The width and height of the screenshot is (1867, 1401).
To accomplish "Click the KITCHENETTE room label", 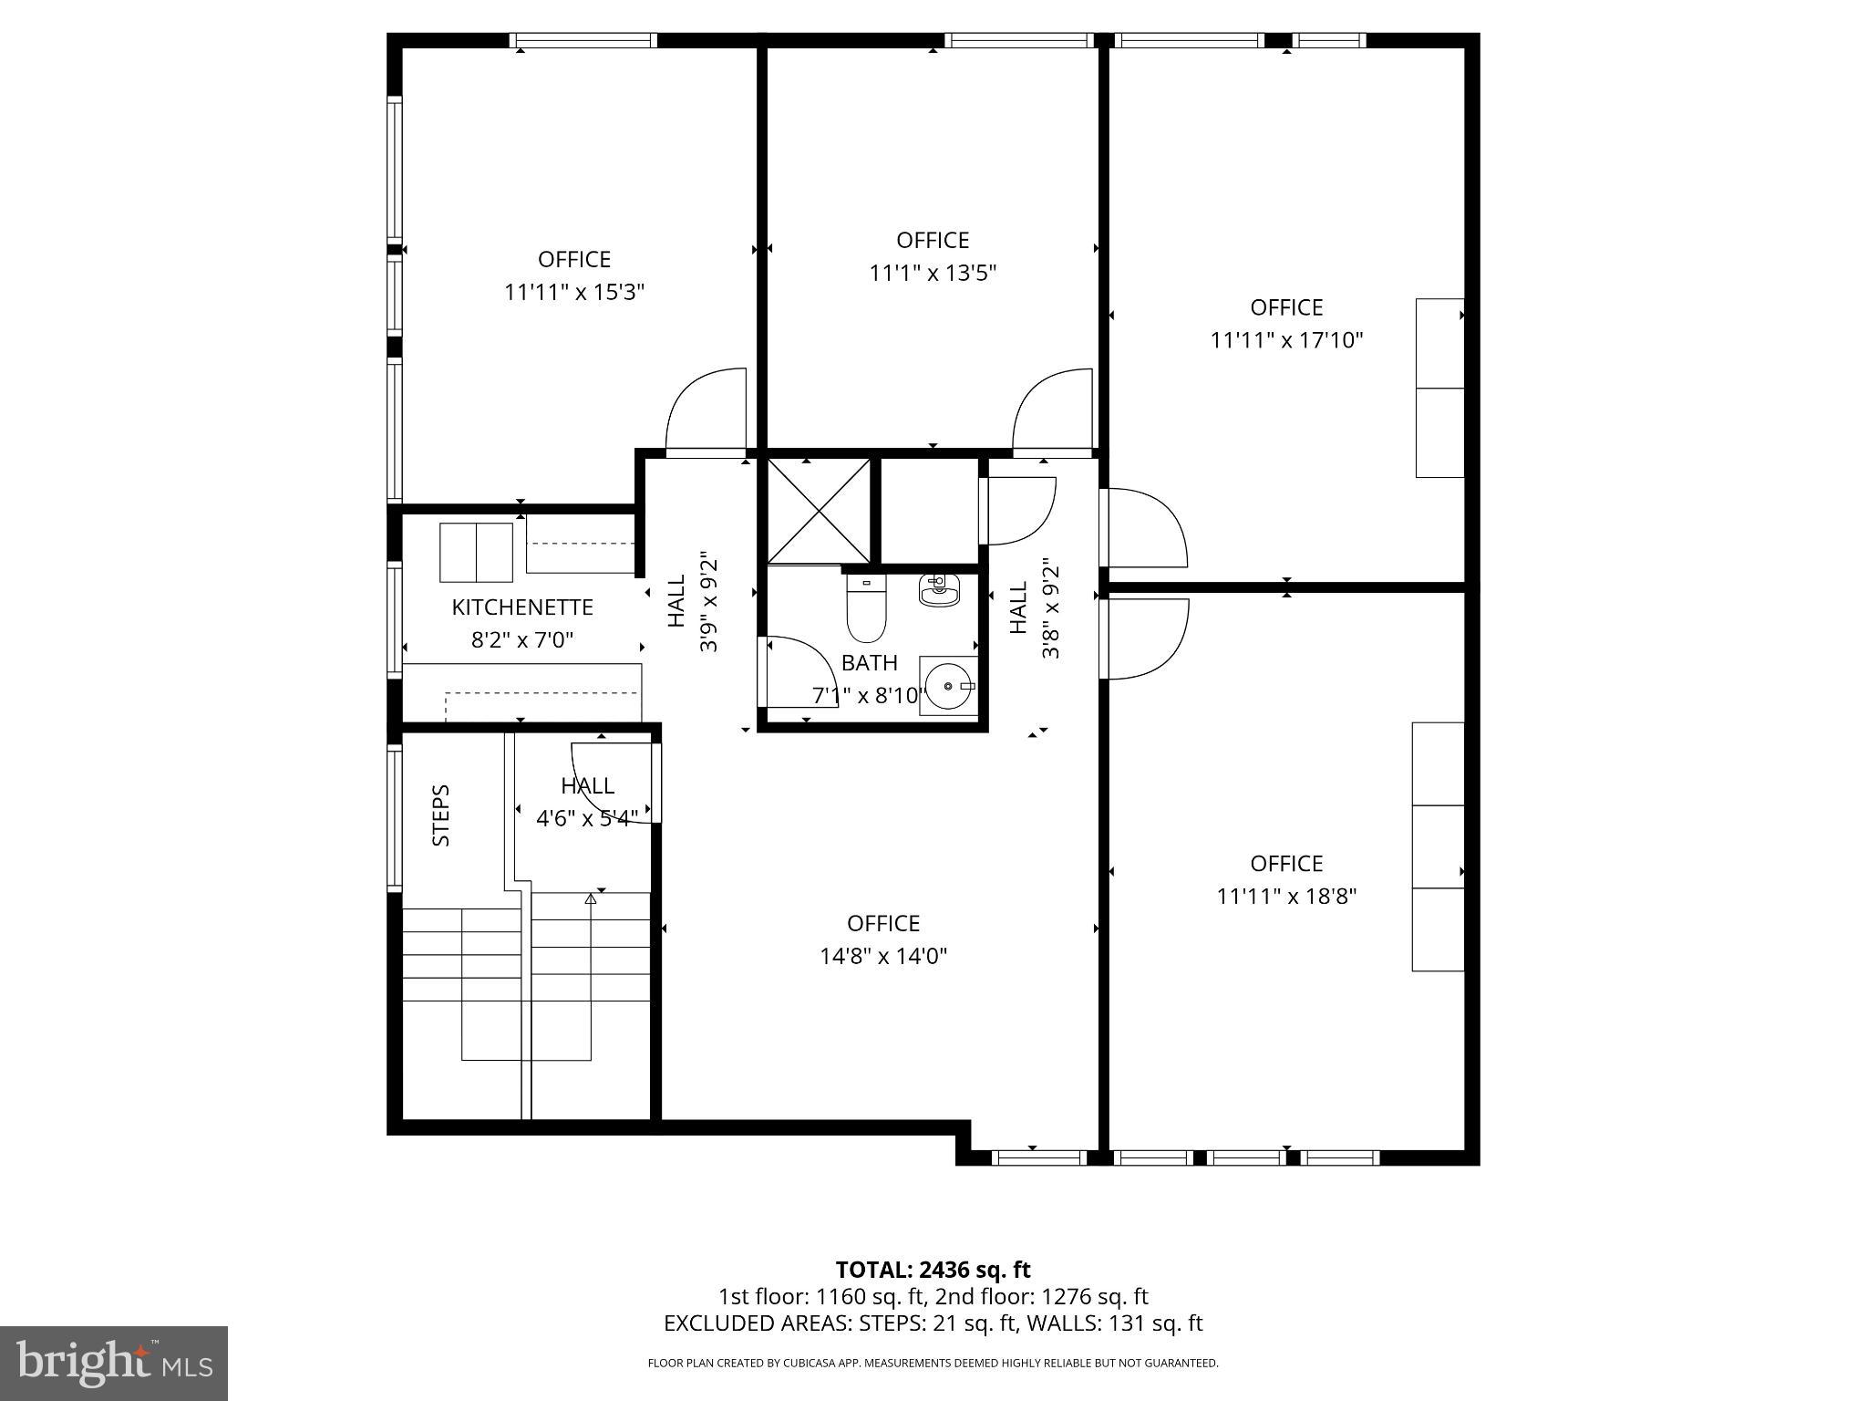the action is click(522, 607).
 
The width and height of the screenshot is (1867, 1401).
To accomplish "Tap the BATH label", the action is click(869, 663).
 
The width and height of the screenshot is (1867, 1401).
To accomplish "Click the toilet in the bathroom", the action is click(866, 607).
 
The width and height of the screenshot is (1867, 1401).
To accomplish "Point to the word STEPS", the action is click(441, 815).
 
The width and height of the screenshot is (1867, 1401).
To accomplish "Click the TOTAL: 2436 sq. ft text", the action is click(933, 1270).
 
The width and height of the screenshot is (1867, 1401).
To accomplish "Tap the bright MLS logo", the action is click(114, 1362).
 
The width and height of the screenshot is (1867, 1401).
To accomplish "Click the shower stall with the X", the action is click(819, 511).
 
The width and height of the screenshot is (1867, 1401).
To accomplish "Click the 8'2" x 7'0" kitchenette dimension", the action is click(522, 640).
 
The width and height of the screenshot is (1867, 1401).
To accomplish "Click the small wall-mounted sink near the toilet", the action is click(939, 591).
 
